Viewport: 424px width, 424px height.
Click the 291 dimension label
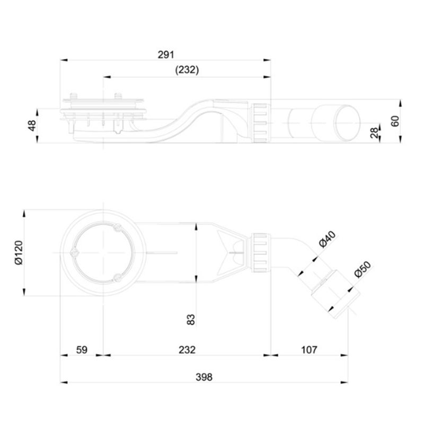166,55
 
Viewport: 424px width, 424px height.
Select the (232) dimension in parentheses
187,70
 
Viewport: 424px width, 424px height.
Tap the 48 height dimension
32,126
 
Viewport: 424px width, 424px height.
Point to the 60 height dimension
395,121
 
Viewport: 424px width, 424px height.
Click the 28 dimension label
375,133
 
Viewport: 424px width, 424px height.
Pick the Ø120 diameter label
19,253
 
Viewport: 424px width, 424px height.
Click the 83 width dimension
191,320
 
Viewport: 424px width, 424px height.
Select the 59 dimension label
82,350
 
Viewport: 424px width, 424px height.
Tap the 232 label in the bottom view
187,350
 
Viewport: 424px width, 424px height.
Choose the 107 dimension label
309,350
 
